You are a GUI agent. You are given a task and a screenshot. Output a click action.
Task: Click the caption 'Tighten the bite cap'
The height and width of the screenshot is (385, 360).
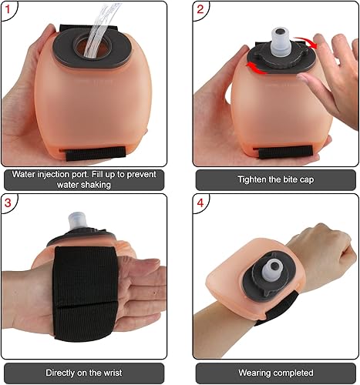point(274,179)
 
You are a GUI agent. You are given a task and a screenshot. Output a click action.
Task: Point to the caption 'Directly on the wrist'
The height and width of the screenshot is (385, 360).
point(83,373)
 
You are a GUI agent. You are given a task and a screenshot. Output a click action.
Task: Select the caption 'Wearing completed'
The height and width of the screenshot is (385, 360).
point(274,373)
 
